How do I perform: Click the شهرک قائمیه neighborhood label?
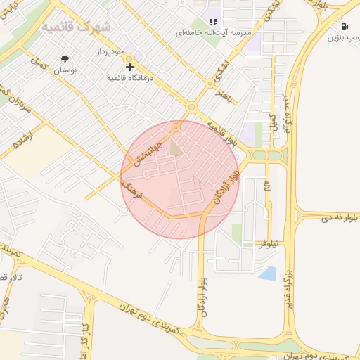click(76, 27)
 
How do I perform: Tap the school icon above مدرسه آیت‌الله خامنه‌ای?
click(213, 22)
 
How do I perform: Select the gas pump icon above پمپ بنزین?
click(341, 26)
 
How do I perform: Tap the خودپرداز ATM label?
click(110, 53)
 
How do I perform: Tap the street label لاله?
click(266, 186)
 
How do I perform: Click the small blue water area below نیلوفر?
click(267, 273)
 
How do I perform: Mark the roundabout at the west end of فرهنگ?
click(124, 210)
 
